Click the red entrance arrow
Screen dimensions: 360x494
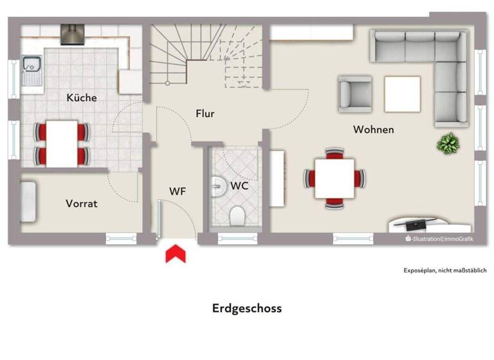(x=176, y=254)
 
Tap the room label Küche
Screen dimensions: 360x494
(x=82, y=98)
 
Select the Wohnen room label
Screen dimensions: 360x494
(x=373, y=130)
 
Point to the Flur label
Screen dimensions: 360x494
(x=205, y=114)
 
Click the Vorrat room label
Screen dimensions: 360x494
(x=82, y=203)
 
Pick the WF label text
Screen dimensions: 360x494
(x=178, y=191)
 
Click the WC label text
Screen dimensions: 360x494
(x=239, y=186)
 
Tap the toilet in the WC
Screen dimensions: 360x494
(x=236, y=217)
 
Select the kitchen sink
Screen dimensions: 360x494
(x=30, y=66)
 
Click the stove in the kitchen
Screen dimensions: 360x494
(x=72, y=34)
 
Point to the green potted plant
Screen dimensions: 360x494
(x=446, y=144)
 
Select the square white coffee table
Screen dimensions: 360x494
(x=402, y=94)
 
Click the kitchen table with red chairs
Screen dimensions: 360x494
(x=62, y=142)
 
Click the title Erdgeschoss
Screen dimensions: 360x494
(x=247, y=308)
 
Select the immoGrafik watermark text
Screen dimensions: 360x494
(x=457, y=239)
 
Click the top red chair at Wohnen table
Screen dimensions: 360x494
(x=334, y=153)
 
